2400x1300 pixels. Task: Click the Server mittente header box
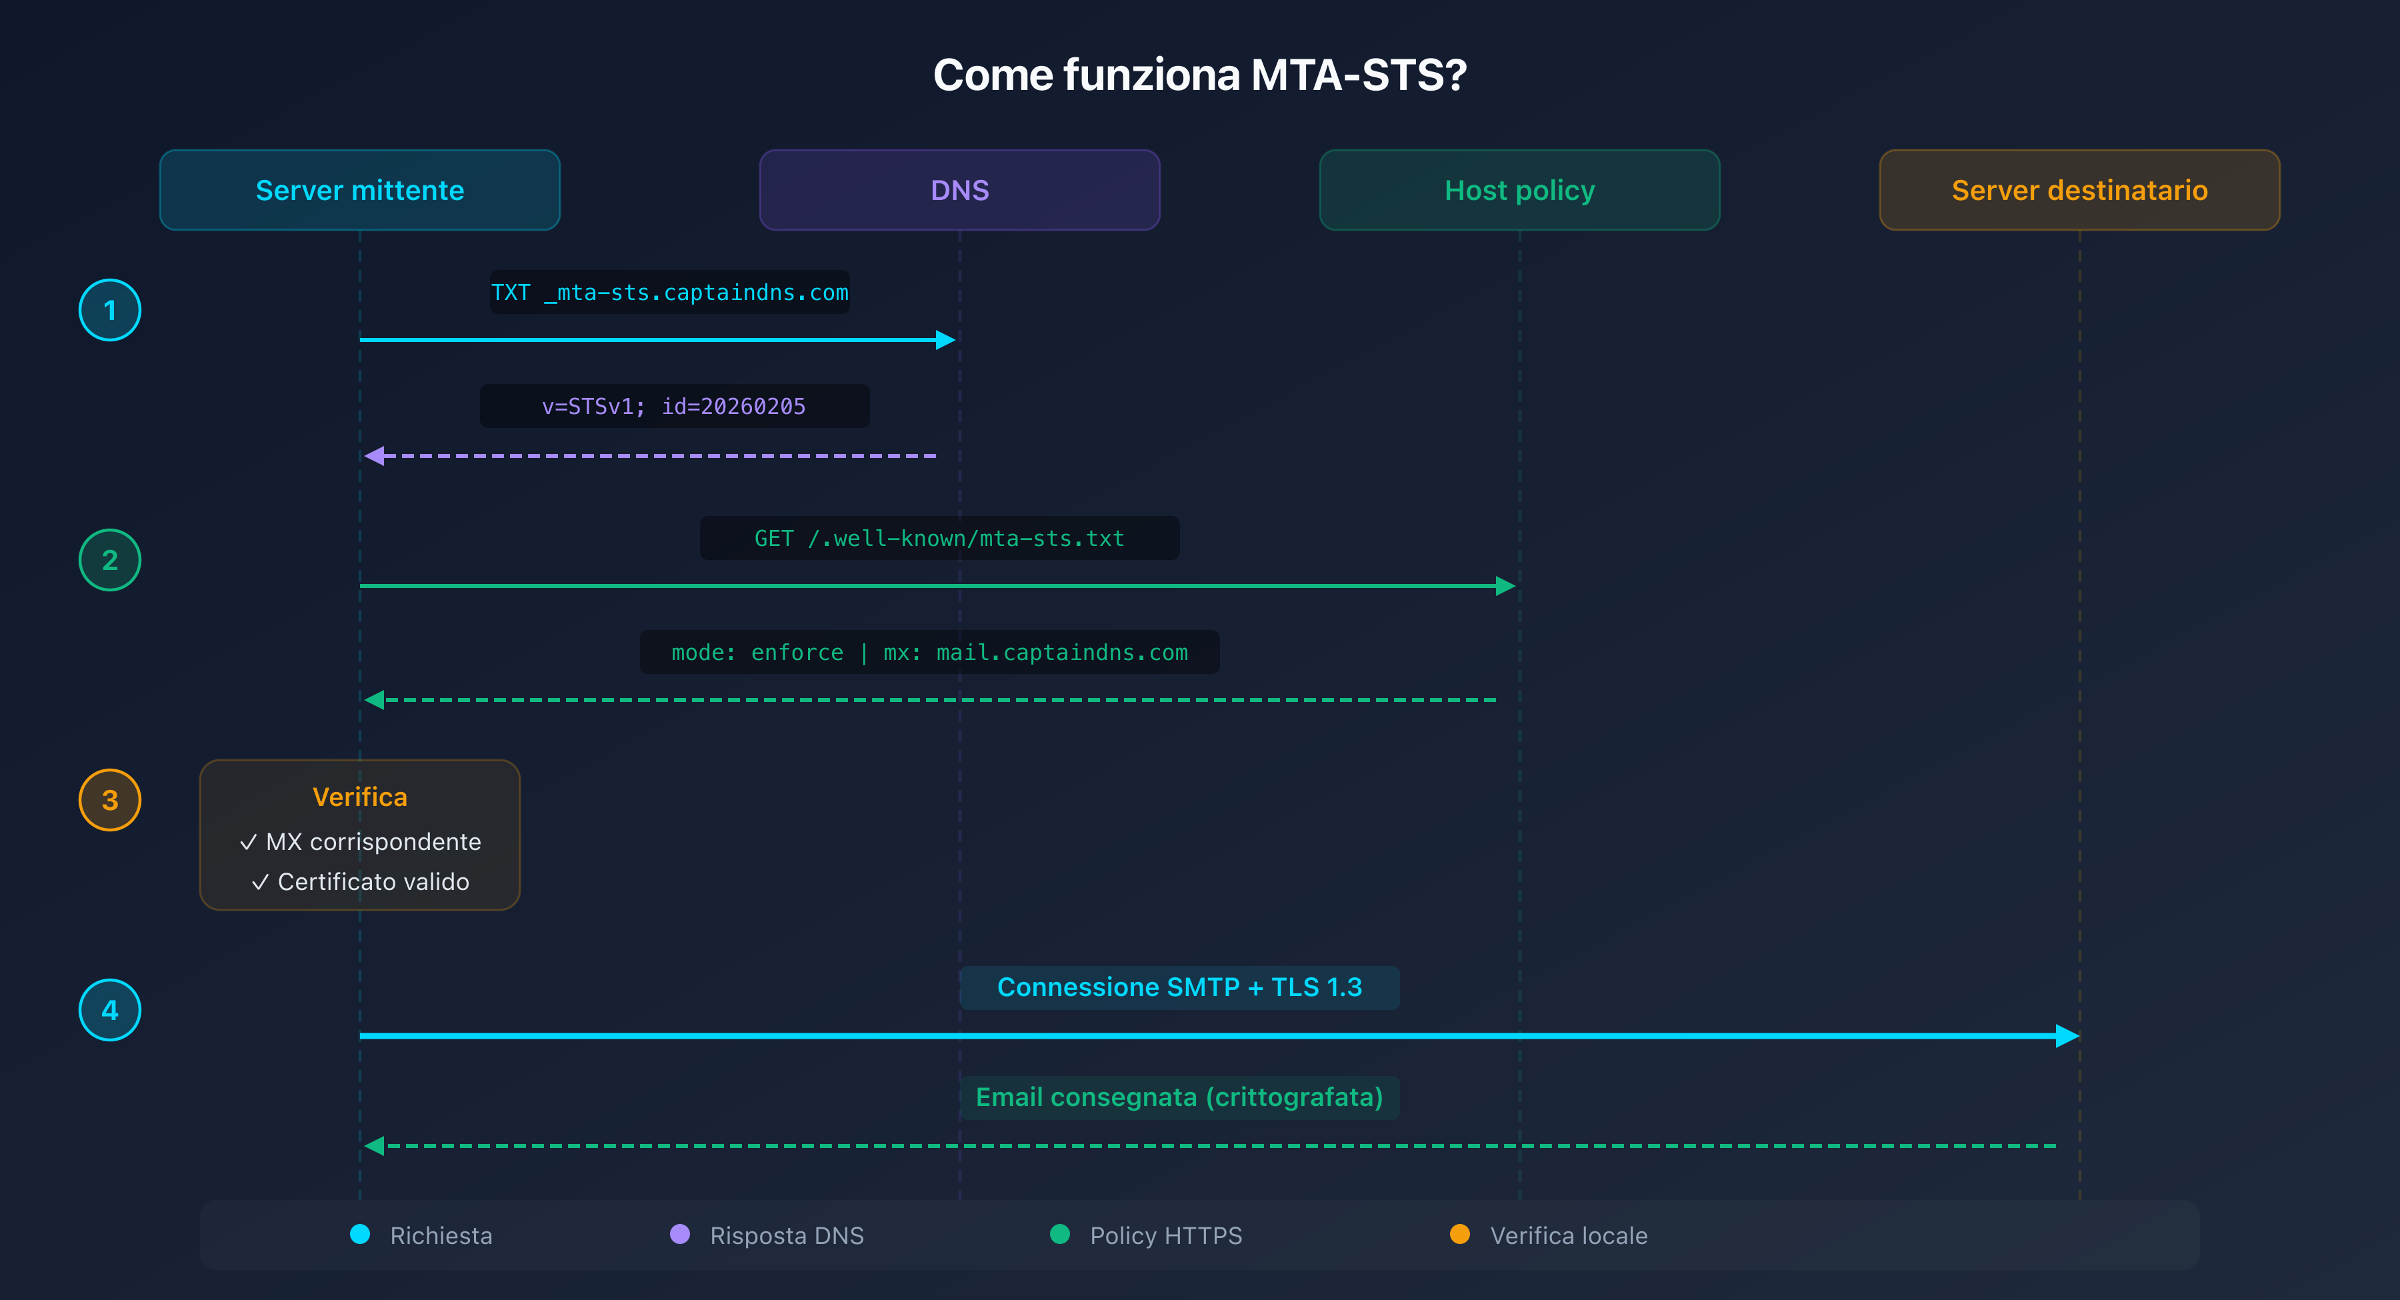[359, 190]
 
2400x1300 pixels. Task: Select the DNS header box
[959, 190]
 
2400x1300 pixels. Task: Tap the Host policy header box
[1519, 190]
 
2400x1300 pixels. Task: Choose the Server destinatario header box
[2079, 190]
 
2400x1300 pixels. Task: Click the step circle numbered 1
[110, 310]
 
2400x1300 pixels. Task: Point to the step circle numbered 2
[110, 560]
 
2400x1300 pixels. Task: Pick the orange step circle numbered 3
[110, 799]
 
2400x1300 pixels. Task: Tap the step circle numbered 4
[110, 1010]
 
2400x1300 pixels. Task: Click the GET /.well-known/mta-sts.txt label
[939, 539]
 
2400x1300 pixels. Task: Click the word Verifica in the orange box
[359, 797]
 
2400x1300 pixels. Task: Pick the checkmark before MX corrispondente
[248, 843]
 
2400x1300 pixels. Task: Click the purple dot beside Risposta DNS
[680, 1234]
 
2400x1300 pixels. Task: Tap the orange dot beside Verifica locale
[1460, 1234]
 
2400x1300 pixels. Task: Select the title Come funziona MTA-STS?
[1200, 75]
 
